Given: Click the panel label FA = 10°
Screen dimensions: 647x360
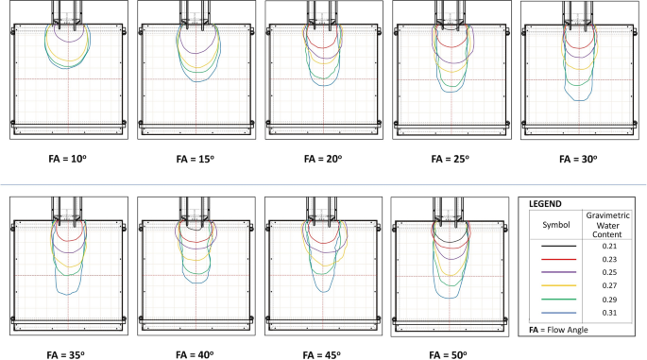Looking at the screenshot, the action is (x=68, y=159).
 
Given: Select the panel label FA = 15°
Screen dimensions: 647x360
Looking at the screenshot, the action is (x=196, y=159).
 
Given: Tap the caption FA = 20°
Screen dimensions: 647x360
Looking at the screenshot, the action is (x=323, y=159).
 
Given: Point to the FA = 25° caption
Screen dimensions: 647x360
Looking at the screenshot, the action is (x=451, y=159).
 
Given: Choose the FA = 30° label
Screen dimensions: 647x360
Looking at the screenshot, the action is (x=578, y=159).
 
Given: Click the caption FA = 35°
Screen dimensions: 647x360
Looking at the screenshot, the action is (x=66, y=355).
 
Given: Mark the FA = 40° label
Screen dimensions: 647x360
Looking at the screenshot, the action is (x=195, y=355).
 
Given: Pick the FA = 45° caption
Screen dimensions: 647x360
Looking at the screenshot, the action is (x=322, y=355).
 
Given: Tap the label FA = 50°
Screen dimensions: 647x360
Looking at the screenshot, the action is (x=448, y=355).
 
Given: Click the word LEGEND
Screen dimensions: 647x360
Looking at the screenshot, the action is (x=545, y=204).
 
